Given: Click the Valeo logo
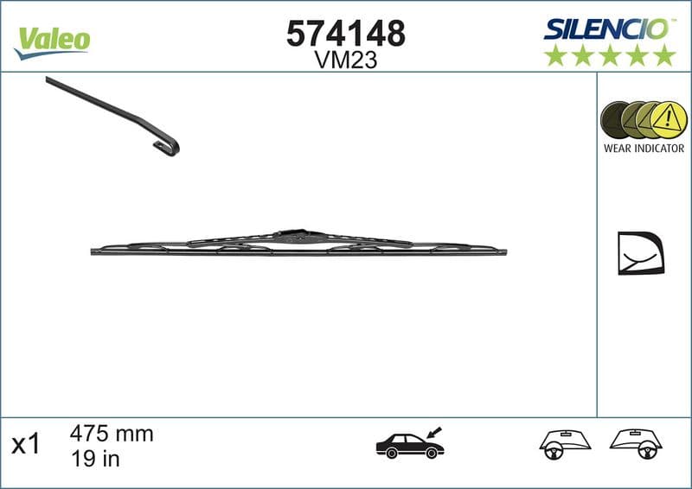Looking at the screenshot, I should [x=52, y=40].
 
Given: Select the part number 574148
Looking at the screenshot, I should [x=345, y=34].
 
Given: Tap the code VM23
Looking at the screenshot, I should [x=345, y=60].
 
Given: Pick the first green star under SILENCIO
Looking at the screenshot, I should [x=554, y=55].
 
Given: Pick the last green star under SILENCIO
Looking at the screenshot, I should [x=664, y=55].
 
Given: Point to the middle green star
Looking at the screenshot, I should [x=610, y=55].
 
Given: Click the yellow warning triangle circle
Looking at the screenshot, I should [x=665, y=119].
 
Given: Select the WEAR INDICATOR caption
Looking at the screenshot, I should [x=644, y=149].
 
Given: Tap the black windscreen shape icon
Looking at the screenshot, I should [x=640, y=252].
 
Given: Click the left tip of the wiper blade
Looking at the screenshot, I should [x=93, y=251].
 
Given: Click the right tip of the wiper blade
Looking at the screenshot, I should [x=504, y=253].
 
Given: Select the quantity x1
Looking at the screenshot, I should [x=26, y=445].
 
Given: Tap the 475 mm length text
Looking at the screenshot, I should [x=111, y=434].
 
